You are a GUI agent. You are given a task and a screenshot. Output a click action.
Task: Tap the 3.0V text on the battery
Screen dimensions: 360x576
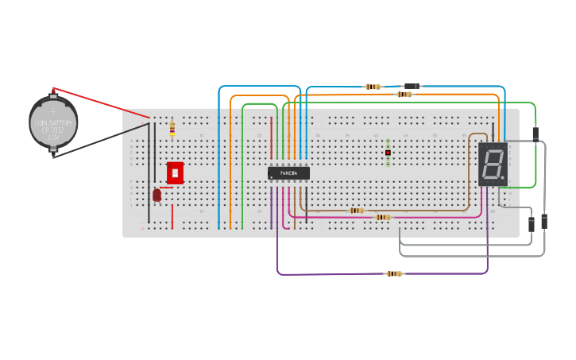pos(53,137)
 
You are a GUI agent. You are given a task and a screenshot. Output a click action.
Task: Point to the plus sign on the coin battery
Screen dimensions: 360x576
pos(53,112)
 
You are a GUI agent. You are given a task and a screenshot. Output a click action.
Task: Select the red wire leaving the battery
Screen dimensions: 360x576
pos(95,102)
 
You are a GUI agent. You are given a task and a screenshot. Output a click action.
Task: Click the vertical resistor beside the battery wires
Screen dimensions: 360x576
pos(172,128)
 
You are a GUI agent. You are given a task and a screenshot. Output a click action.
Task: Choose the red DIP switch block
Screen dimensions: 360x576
pos(175,172)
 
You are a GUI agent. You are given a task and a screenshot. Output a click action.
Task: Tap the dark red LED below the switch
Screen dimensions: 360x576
pos(157,194)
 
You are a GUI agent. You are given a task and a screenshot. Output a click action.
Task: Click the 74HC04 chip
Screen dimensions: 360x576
pos(288,172)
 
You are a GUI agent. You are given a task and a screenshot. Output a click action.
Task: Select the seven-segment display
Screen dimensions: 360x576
pos(493,165)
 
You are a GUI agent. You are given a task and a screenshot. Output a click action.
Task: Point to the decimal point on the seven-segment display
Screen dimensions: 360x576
pos(503,177)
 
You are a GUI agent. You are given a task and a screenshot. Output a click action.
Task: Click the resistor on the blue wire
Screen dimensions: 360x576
pos(373,87)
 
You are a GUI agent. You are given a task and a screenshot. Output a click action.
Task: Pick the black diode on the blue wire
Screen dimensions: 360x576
pos(412,86)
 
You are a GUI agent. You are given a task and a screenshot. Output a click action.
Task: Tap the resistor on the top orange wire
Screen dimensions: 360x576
pos(404,95)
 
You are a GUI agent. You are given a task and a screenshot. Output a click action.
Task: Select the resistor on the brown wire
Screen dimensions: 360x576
pos(357,211)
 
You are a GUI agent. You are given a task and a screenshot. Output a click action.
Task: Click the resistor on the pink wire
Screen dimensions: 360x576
pos(382,217)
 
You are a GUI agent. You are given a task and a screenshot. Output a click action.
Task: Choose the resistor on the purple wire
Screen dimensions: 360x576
pos(393,273)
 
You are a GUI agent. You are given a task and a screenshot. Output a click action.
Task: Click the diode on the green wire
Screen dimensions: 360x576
pos(535,134)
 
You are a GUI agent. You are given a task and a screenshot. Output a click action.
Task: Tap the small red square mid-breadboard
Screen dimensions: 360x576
pos(388,153)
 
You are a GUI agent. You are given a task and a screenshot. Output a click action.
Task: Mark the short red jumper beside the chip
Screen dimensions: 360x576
pos(272,137)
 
